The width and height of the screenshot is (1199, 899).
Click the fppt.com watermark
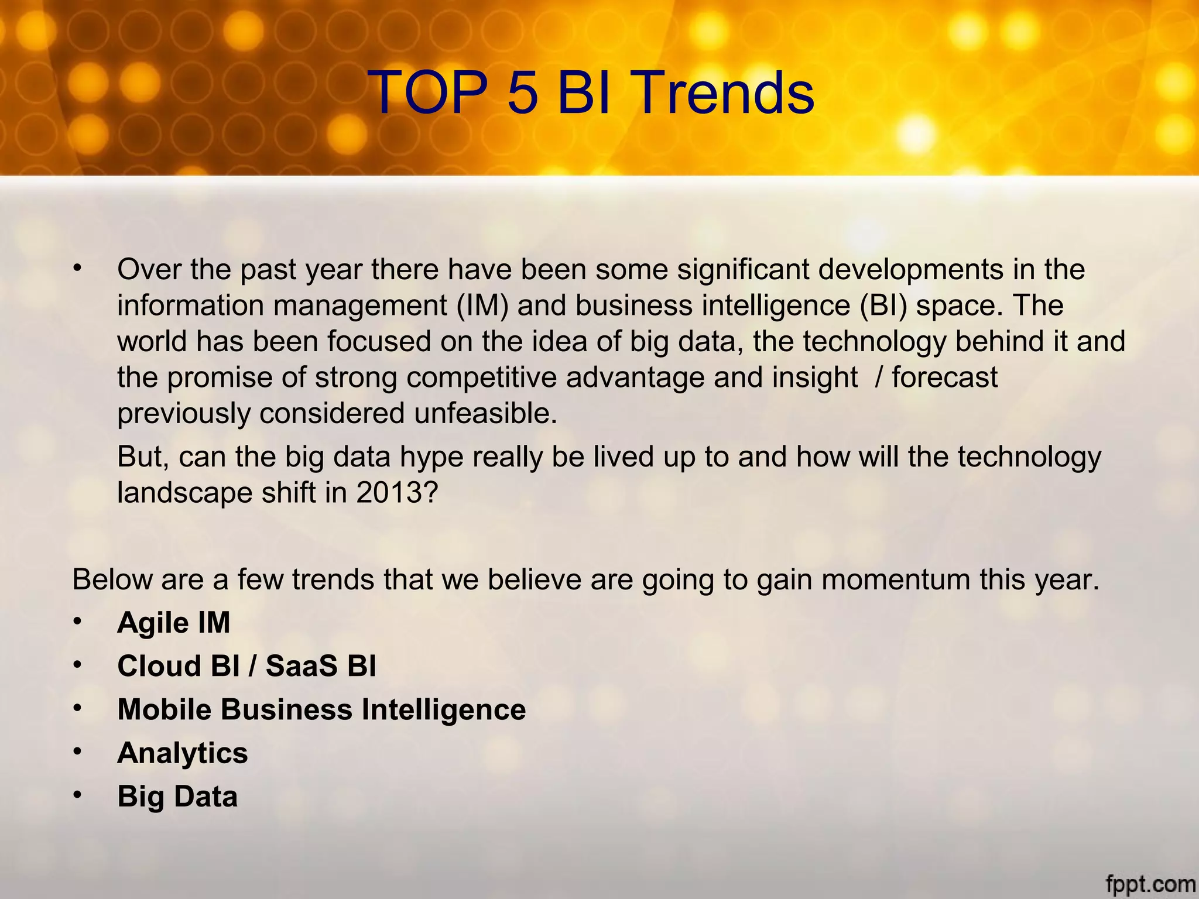click(x=1150, y=883)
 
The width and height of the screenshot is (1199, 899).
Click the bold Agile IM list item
click(x=173, y=622)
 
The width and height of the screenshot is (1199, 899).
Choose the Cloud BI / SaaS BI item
click(x=246, y=665)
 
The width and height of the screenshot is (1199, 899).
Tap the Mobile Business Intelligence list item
click(x=321, y=709)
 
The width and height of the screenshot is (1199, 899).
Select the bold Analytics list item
click(x=183, y=753)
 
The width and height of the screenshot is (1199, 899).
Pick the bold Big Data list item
click(x=177, y=796)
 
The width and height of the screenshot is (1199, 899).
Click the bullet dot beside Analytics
click(x=77, y=752)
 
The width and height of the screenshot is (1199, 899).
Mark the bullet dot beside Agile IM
click(x=77, y=621)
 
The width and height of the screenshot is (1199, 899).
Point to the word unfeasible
click(x=485, y=413)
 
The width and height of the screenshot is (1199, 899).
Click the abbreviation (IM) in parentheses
click(x=482, y=306)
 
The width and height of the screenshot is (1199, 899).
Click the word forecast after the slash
click(x=944, y=377)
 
